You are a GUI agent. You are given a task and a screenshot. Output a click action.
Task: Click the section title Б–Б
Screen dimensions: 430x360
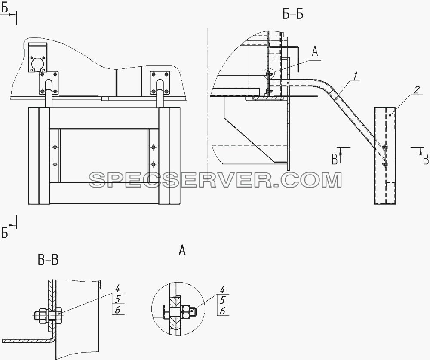pyautogui.click(x=293, y=14)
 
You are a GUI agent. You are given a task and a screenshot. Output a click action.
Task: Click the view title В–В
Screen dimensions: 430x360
pyautogui.click(x=48, y=259)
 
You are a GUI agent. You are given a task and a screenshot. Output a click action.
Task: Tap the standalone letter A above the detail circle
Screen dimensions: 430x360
pyautogui.click(x=182, y=250)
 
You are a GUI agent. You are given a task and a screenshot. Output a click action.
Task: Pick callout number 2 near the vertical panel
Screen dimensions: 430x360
pyautogui.click(x=416, y=90)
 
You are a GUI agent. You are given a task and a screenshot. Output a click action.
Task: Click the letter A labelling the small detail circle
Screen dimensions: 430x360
pyautogui.click(x=315, y=52)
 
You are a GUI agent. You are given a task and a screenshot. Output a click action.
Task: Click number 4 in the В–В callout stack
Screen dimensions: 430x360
pyautogui.click(x=118, y=289)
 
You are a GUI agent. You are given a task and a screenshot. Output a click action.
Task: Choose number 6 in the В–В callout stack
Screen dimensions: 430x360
pyautogui.click(x=118, y=310)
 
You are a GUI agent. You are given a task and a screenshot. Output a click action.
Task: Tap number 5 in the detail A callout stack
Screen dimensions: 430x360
pyautogui.click(x=222, y=300)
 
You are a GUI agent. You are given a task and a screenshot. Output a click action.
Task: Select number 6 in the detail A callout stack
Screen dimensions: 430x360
pyautogui.click(x=222, y=311)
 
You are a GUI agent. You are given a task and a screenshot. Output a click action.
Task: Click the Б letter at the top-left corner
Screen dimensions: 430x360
pyautogui.click(x=4, y=8)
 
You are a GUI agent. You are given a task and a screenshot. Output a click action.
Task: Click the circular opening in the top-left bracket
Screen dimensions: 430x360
pyautogui.click(x=38, y=65)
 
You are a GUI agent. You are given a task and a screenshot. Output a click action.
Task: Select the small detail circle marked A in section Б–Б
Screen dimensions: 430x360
pyautogui.click(x=269, y=74)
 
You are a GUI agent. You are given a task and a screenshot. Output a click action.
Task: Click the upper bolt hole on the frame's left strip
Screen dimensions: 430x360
pyautogui.click(x=55, y=148)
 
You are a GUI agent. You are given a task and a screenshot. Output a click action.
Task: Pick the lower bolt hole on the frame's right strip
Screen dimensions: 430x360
pyautogui.click(x=154, y=164)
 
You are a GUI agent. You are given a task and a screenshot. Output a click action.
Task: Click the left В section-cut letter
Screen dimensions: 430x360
pyautogui.click(x=335, y=159)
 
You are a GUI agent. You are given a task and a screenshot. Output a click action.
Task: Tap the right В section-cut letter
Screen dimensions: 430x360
pyautogui.click(x=426, y=160)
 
